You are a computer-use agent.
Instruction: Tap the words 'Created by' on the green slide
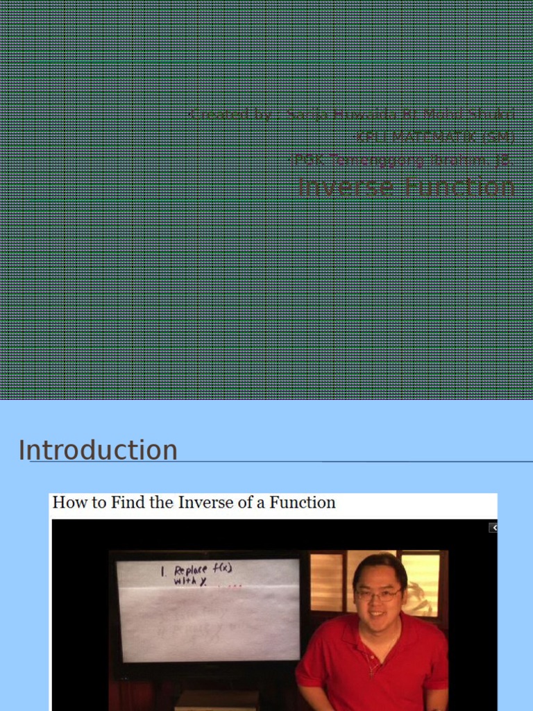pyautogui.click(x=229, y=114)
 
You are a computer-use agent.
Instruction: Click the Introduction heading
pyautogui.click(x=98, y=451)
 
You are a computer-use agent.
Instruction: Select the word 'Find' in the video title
pyautogui.click(x=119, y=503)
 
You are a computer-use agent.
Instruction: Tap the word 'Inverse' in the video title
pyautogui.click(x=206, y=503)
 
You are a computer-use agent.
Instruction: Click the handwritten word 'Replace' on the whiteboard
pyautogui.click(x=191, y=570)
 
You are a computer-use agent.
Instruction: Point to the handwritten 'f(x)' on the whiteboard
pyautogui.click(x=223, y=568)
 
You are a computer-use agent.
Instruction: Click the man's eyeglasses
pyautogui.click(x=378, y=594)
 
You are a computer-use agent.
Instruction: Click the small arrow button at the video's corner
pyautogui.click(x=493, y=528)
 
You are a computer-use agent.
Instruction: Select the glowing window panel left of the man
pyautogui.click(x=326, y=582)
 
